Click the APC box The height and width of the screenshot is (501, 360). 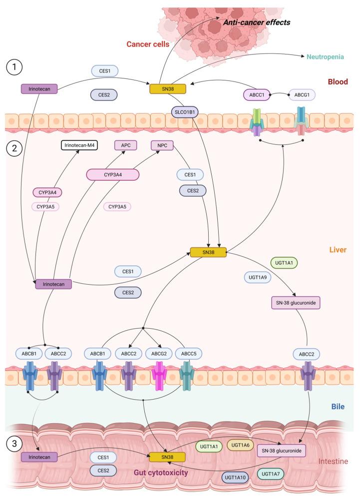[125, 145]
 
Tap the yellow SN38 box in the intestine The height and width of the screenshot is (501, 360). [167, 456]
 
